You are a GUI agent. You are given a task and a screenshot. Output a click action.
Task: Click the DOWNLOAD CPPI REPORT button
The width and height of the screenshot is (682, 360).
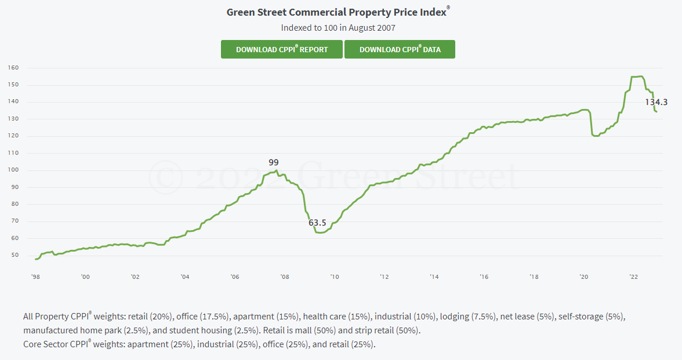click(282, 49)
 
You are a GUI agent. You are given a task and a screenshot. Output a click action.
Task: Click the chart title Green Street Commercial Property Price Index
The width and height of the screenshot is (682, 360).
click(337, 12)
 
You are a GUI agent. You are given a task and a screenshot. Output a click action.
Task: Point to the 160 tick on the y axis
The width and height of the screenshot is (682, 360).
click(13, 68)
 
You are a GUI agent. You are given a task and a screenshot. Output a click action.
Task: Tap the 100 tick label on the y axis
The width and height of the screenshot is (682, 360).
click(13, 170)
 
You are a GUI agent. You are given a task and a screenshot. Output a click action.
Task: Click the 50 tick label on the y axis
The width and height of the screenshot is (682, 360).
click(15, 255)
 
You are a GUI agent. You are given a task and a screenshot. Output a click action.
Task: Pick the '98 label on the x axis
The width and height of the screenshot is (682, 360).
click(35, 277)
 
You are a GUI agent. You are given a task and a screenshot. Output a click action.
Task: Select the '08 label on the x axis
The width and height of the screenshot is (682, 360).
click(284, 277)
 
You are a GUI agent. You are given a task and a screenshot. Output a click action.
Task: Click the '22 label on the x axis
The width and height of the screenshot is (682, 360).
click(634, 277)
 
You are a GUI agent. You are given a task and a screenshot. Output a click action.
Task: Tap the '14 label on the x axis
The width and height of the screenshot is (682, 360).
click(434, 277)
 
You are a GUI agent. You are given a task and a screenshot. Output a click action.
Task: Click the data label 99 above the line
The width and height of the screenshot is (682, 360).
click(274, 162)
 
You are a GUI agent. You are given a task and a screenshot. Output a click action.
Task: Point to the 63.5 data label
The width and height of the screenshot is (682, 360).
click(317, 223)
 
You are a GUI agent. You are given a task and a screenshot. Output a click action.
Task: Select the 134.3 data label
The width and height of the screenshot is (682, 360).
click(656, 102)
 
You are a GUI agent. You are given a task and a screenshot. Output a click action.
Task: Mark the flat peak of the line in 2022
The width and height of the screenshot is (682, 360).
click(637, 77)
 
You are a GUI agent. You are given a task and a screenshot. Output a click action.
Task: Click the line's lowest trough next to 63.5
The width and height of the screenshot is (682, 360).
click(320, 232)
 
